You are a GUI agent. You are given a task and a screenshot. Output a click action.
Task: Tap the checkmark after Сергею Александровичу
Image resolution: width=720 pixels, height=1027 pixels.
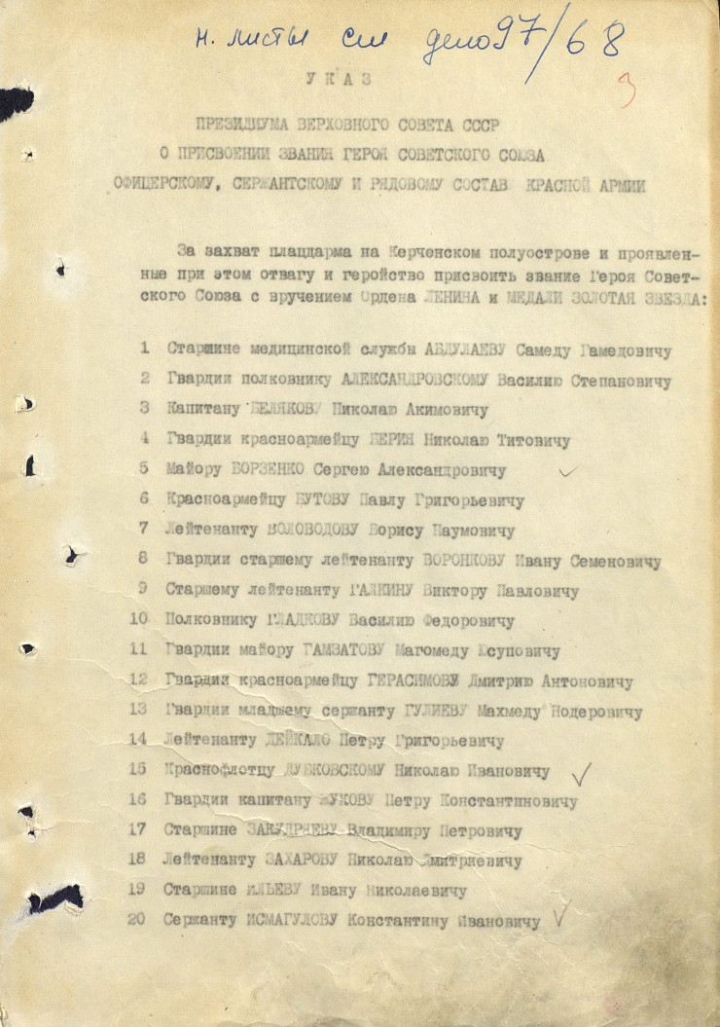click(x=566, y=470)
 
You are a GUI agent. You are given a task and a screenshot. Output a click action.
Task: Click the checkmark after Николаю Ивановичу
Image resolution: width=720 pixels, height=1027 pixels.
click(x=581, y=774)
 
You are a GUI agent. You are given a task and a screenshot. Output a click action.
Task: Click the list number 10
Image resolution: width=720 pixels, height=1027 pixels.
click(x=138, y=619)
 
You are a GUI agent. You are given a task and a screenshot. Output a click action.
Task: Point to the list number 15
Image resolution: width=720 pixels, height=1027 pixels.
click(x=137, y=769)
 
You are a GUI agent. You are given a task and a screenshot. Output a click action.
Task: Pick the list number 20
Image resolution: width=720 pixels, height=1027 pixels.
click(x=137, y=918)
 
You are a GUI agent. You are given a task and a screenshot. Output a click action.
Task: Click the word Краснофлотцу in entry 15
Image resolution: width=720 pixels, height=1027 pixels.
click(x=217, y=769)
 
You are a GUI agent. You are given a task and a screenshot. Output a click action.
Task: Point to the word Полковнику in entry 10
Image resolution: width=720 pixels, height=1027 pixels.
click(x=212, y=619)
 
